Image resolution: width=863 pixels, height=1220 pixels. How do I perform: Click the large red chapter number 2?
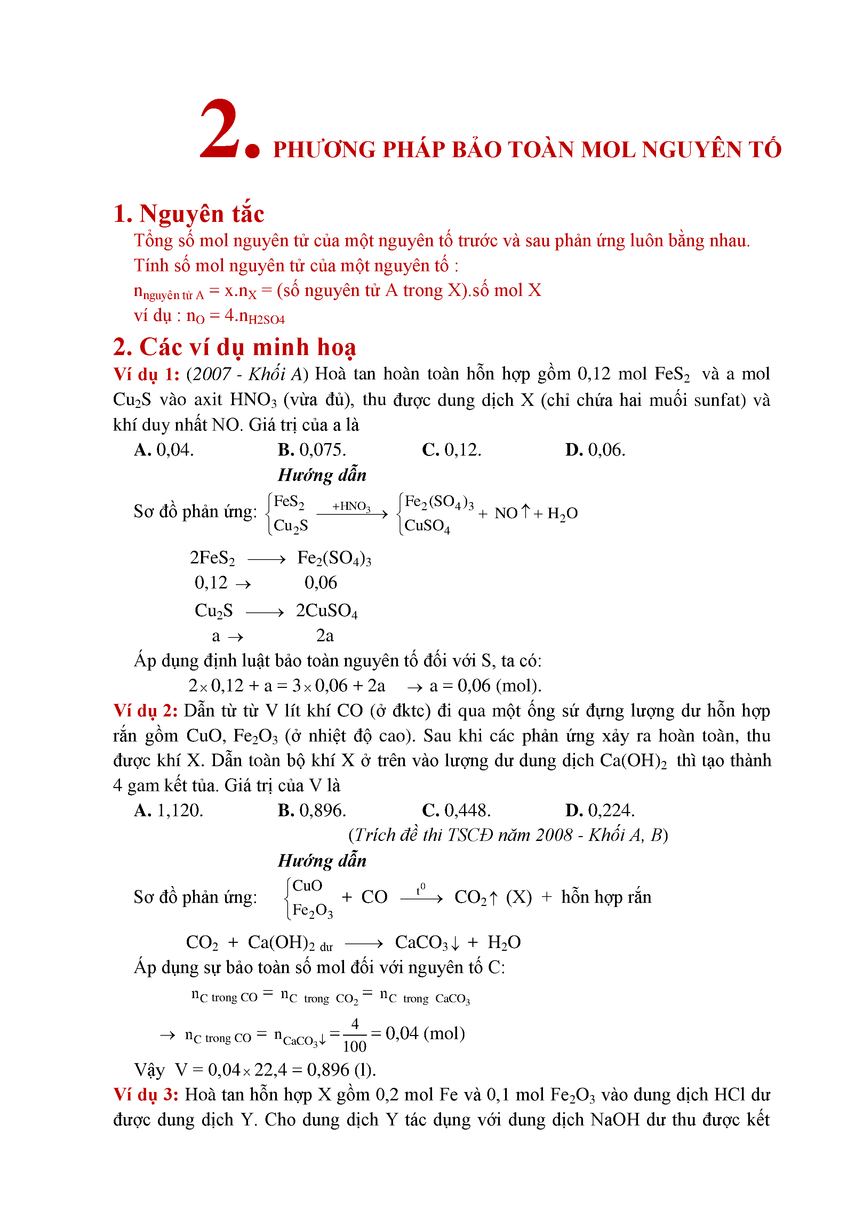(x=219, y=129)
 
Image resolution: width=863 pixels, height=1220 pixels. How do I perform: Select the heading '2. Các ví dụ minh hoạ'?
(x=234, y=347)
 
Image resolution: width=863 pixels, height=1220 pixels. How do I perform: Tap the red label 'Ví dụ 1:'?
(x=146, y=374)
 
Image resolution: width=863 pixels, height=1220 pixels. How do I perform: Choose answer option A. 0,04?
(x=164, y=450)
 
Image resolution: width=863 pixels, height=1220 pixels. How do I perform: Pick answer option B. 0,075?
(x=311, y=450)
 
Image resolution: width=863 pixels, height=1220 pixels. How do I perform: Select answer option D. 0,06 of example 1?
(x=595, y=450)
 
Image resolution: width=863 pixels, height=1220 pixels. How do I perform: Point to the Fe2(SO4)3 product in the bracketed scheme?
(x=438, y=501)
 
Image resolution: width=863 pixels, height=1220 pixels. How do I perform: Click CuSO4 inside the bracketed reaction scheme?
(x=427, y=526)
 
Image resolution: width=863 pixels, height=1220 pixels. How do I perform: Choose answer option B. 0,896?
(x=311, y=810)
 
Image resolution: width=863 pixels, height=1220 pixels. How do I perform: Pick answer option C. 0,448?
(x=456, y=810)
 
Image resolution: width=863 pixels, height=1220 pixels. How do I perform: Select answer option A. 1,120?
(x=168, y=810)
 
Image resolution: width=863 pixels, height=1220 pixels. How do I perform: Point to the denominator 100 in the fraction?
(x=354, y=1046)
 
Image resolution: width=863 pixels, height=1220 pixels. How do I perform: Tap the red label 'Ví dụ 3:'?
(x=146, y=1094)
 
